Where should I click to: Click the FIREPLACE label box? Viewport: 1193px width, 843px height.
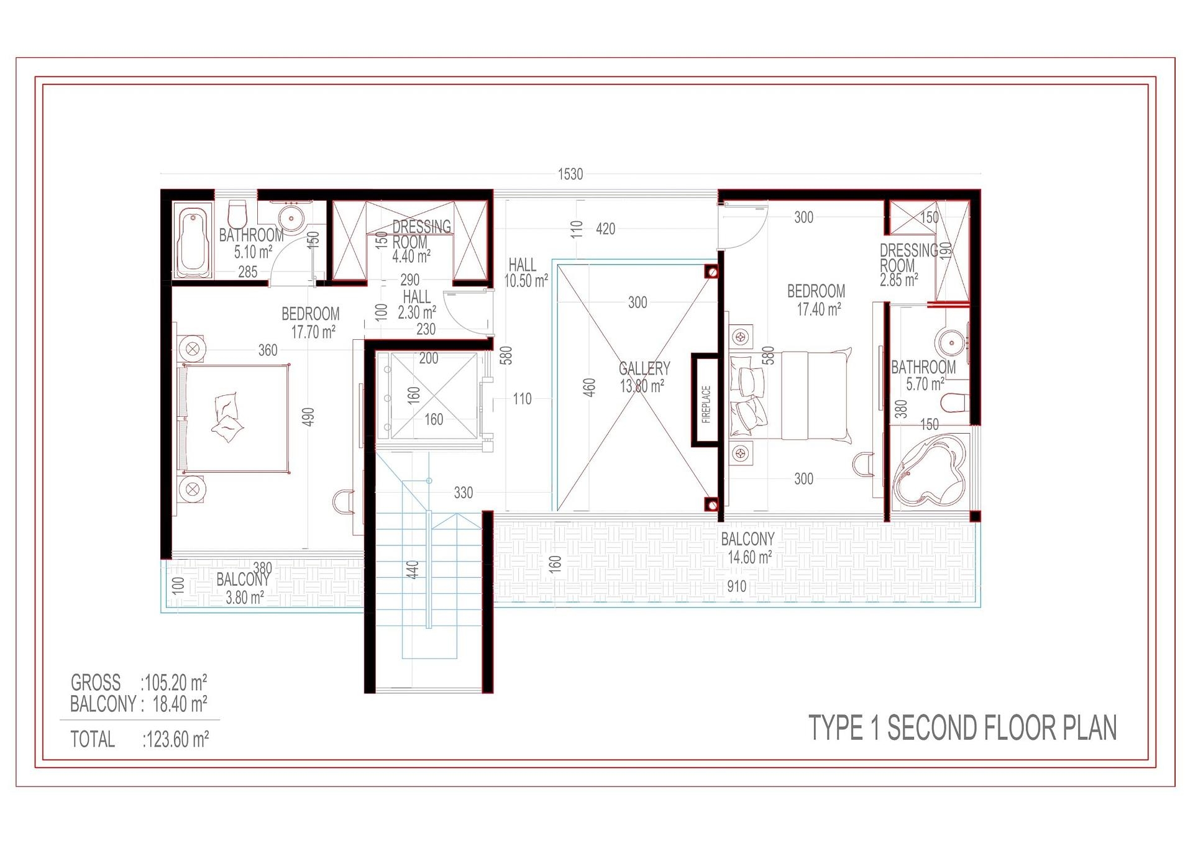705,401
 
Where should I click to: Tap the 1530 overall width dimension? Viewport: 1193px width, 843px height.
570,175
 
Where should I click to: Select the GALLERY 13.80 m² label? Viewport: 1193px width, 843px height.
644,377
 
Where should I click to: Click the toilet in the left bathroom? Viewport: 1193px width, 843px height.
237,214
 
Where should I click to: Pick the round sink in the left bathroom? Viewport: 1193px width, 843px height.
290,218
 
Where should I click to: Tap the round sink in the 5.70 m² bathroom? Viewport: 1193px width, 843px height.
951,342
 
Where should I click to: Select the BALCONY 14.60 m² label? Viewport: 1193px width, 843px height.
748,548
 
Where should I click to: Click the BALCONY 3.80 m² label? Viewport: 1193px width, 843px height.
242,588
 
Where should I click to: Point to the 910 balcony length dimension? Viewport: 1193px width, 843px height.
736,586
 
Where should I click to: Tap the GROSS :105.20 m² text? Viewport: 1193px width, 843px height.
139,683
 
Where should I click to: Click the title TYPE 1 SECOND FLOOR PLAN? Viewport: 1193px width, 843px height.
962,728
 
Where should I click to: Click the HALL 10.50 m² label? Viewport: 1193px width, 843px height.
525,273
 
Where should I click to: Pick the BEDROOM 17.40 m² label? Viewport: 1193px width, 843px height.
816,300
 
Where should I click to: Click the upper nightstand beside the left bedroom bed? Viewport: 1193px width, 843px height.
192,348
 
